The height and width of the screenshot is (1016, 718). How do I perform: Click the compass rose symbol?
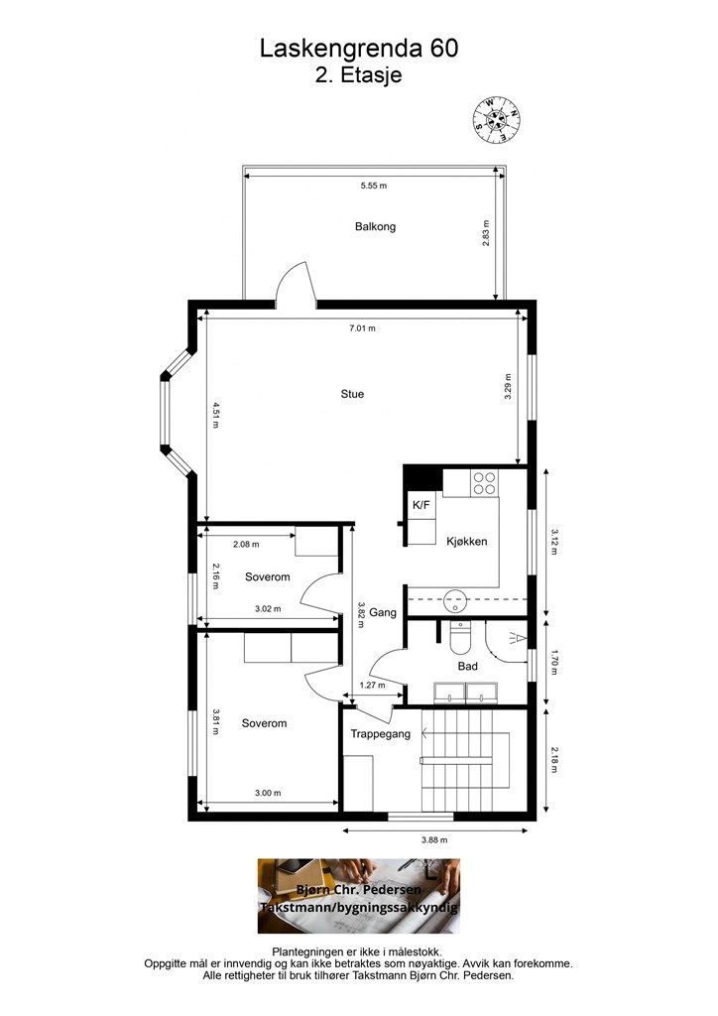click(x=496, y=120)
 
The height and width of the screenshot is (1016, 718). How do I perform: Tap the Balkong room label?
click(x=375, y=227)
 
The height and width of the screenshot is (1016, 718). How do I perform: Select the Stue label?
click(x=352, y=394)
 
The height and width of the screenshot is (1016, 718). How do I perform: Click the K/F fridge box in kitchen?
click(x=420, y=505)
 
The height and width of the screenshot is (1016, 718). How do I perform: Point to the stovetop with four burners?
click(x=484, y=483)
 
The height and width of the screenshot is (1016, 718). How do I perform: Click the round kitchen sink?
click(x=456, y=600)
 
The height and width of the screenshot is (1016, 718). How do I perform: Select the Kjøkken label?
click(x=467, y=542)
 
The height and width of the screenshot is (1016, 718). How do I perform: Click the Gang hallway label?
click(x=383, y=612)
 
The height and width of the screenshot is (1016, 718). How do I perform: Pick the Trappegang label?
click(x=381, y=734)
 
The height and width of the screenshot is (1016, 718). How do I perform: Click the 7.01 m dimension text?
click(x=363, y=328)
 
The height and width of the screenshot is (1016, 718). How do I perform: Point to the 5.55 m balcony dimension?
click(x=374, y=186)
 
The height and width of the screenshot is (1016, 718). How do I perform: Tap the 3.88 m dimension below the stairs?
click(x=434, y=839)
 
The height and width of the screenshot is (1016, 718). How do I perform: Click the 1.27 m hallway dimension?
click(x=372, y=685)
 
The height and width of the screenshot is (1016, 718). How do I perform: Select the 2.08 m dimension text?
click(x=246, y=545)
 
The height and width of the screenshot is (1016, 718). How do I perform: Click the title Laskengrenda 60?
click(x=359, y=49)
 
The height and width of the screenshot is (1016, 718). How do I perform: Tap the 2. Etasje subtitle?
click(x=359, y=74)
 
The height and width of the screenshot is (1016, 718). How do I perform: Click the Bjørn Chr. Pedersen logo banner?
click(x=359, y=896)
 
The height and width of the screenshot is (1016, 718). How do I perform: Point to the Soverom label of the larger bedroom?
click(x=264, y=723)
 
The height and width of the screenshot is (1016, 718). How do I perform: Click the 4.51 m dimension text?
click(x=215, y=416)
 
